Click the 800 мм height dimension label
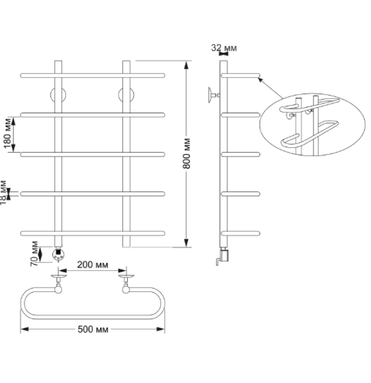pyautogui.click(x=186, y=153)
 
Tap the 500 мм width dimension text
pyautogui.click(x=93, y=330)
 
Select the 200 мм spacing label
pyautogui.click(x=93, y=265)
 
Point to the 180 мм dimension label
pyautogui.click(x=7, y=133)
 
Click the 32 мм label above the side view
pyautogui.click(x=223, y=48)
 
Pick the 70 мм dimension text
pyautogui.click(x=34, y=254)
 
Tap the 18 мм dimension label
pyautogui.click(x=3, y=193)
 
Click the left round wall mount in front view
pyautogui.click(x=58, y=95)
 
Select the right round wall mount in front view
pyautogui.click(x=126, y=95)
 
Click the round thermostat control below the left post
pyautogui.click(x=58, y=255)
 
